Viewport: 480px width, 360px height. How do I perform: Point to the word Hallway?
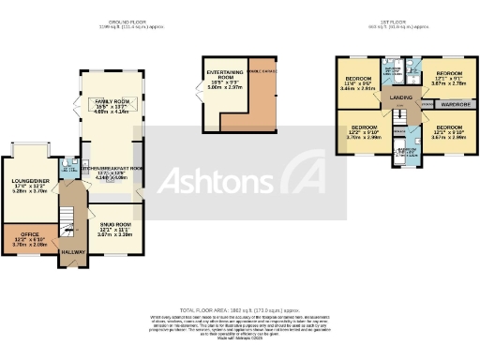(73, 251)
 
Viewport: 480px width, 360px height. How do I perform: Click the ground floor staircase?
(66, 225)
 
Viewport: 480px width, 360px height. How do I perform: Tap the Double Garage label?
(262, 71)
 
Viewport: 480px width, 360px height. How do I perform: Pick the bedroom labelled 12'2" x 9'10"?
(364, 127)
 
